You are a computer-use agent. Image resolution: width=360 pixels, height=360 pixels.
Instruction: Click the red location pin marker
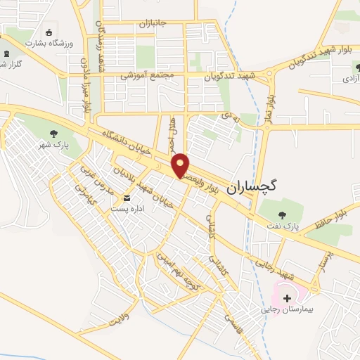coord(181,165)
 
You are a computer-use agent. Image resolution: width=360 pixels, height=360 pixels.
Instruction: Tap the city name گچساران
coord(252,186)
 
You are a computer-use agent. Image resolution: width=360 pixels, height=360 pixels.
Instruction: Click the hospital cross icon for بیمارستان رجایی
coord(287,298)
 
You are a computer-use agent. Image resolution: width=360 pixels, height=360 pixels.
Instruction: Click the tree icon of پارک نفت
coord(282,216)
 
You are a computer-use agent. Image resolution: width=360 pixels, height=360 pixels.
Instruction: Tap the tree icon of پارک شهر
coord(54,134)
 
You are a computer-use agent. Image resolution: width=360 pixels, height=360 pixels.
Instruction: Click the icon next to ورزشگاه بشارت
coord(49,32)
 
